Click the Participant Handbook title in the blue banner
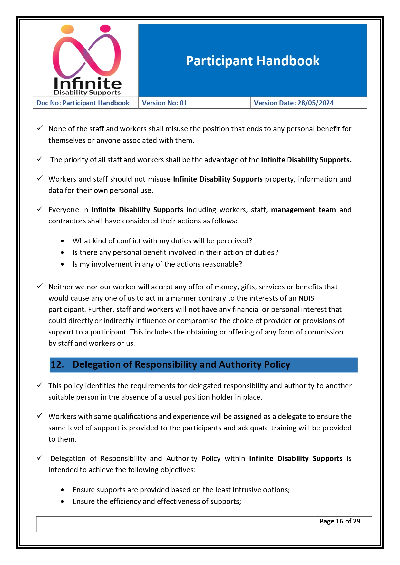252,61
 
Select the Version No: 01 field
165,103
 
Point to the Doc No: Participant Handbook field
83,103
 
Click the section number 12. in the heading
57,364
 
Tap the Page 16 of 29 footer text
340,521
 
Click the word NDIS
306,298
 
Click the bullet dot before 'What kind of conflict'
63,241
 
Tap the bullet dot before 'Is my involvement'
63,264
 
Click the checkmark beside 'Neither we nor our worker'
40,286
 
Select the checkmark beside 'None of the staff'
40,128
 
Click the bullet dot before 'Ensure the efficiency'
63,502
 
